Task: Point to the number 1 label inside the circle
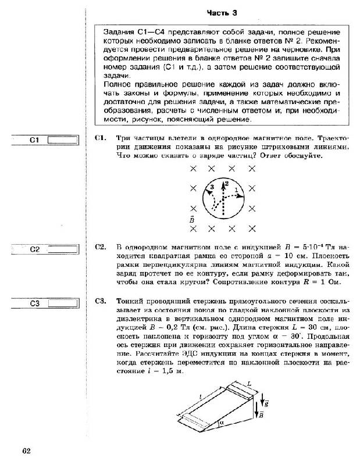click(x=236, y=191)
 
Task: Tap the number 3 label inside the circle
click(x=212, y=187)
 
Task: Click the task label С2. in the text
click(x=99, y=247)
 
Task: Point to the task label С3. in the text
click(x=99, y=301)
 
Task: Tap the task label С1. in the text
click(x=99, y=138)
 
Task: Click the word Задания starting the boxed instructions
click(x=118, y=33)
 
